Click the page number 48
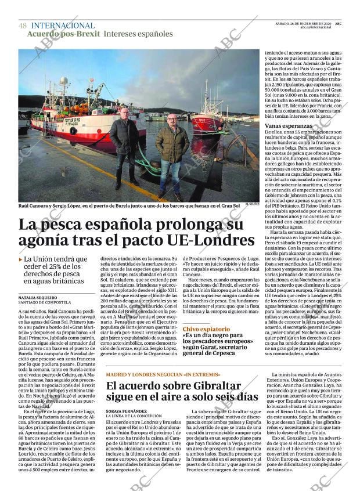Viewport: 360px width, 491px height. coord(23,26)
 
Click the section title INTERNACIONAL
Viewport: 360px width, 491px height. coord(62,26)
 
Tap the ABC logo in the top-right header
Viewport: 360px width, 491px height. coord(338,23)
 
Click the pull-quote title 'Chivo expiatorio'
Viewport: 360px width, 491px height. coord(206,329)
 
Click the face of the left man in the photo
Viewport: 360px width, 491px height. coord(124,114)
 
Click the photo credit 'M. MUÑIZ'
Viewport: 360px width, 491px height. coord(251,204)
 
